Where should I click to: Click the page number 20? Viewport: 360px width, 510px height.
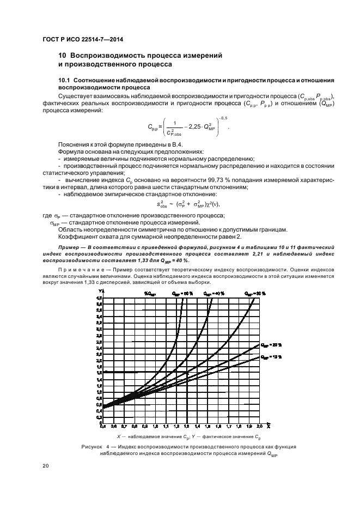[x=46, y=466]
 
